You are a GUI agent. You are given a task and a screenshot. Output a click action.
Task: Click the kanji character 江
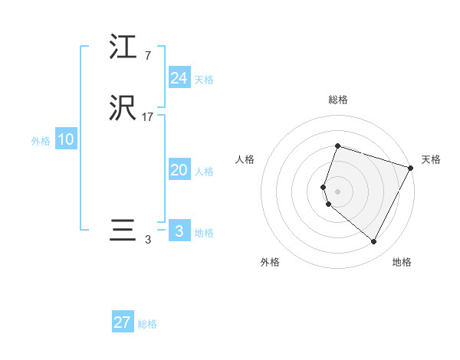[x=123, y=48]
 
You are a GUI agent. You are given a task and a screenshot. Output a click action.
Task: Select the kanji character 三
[x=123, y=231]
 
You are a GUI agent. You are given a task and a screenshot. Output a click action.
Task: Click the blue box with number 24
[x=179, y=78]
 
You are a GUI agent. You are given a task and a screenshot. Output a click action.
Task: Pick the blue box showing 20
[x=179, y=171]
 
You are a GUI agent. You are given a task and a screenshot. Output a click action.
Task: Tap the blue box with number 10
[x=65, y=139]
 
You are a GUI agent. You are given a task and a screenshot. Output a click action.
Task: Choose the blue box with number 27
[x=123, y=322]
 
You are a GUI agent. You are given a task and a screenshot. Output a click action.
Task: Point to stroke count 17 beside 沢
[x=148, y=118]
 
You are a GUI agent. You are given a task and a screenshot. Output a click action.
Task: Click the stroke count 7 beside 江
[x=147, y=55]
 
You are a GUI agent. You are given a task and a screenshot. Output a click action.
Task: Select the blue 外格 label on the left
[x=40, y=141]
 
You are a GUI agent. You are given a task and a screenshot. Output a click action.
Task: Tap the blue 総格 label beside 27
[x=147, y=324]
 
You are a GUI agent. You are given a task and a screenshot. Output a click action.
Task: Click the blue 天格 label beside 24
[x=204, y=80]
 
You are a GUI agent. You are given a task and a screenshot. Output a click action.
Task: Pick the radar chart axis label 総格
[x=337, y=100]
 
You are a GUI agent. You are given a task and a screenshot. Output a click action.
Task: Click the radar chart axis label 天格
[x=431, y=159]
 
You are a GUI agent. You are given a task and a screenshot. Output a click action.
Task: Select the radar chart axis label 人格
[x=245, y=159]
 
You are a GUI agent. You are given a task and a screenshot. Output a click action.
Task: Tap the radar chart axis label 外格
[x=270, y=263]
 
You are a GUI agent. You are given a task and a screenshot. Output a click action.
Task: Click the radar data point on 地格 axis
[x=373, y=242]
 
